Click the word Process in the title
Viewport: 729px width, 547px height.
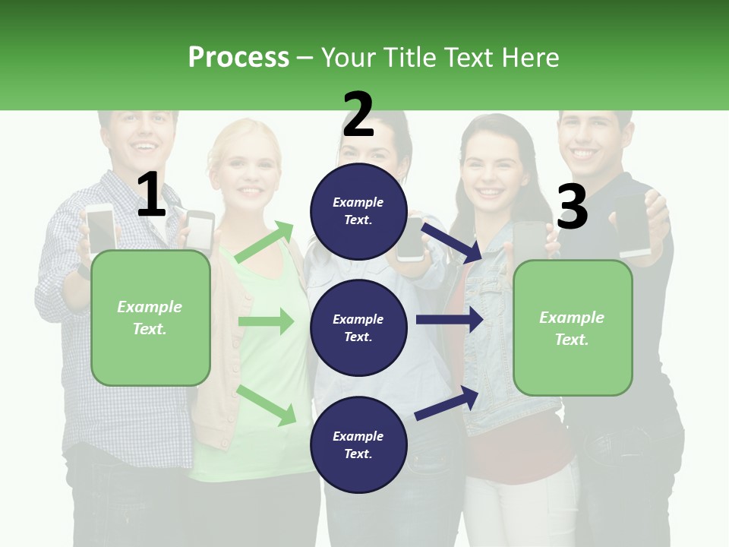tap(238, 57)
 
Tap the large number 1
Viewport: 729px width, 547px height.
tap(151, 195)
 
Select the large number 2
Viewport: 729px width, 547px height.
tap(358, 115)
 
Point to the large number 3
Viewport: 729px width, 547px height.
tap(572, 207)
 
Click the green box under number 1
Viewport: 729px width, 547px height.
tap(150, 318)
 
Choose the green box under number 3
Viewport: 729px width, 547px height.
tap(573, 327)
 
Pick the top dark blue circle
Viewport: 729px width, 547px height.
tap(358, 211)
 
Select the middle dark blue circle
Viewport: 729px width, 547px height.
tap(358, 327)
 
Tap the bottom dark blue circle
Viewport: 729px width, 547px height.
tap(358, 444)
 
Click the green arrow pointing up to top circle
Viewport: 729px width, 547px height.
tap(265, 242)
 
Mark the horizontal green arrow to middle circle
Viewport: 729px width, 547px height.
tap(266, 321)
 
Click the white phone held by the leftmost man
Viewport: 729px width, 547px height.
tap(99, 227)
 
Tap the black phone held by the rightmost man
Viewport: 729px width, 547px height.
tap(633, 224)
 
